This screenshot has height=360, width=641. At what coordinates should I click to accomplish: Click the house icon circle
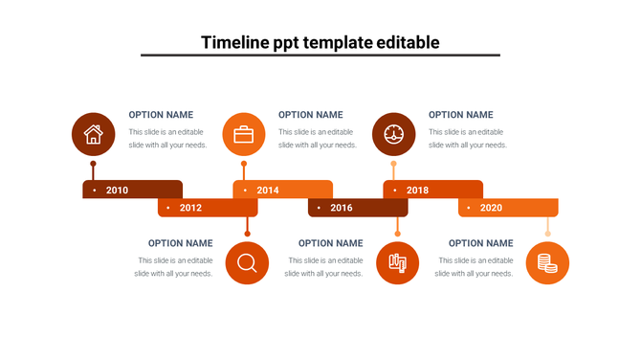pos(94,134)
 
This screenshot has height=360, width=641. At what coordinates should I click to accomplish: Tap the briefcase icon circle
pos(244,134)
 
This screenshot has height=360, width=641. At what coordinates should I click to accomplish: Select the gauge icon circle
pos(394,134)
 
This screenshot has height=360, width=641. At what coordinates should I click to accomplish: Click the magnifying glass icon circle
pos(247,262)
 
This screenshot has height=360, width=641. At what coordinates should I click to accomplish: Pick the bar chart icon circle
pos(397,262)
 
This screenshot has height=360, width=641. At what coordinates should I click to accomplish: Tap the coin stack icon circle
pos(547,262)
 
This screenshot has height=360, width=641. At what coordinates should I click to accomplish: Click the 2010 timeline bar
pos(132,190)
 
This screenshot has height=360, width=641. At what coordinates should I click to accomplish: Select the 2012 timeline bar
pos(208,208)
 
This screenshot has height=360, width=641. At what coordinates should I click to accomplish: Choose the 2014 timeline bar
pos(282,190)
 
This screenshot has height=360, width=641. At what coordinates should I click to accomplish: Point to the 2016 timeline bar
pos(358,208)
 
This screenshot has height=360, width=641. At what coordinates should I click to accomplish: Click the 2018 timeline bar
pos(432,190)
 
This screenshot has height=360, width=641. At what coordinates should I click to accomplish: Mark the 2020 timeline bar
pos(508,208)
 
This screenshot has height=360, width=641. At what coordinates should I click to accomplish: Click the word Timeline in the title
pos(235,42)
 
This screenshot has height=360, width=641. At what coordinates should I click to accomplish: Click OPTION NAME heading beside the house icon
pos(161,115)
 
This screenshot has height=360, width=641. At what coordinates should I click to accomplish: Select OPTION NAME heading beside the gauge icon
pos(461,115)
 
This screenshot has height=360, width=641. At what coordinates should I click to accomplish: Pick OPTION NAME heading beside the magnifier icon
pos(180,243)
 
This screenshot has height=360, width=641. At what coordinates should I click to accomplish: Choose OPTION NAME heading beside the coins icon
pos(480,243)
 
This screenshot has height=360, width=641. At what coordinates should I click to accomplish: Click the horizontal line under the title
pos(320,56)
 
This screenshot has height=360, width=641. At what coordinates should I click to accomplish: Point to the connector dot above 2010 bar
pos(93,164)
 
